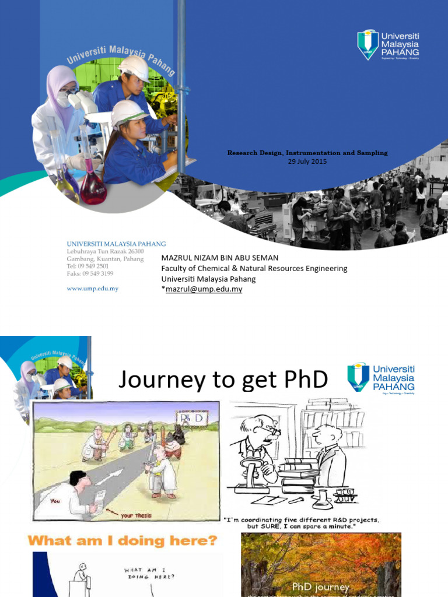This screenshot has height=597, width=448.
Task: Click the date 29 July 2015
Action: coord(307,161)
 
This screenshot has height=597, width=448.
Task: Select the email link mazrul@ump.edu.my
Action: coord(204,289)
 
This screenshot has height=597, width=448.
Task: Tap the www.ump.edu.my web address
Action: coord(93,289)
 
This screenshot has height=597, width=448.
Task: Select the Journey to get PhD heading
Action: coord(223,380)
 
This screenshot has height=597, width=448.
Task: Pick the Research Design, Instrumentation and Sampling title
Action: coord(307,153)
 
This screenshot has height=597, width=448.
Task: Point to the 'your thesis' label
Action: coord(135,516)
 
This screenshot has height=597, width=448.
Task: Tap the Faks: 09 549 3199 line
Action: coord(90,273)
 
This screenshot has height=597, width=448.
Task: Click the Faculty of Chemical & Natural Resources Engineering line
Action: coord(254,268)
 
